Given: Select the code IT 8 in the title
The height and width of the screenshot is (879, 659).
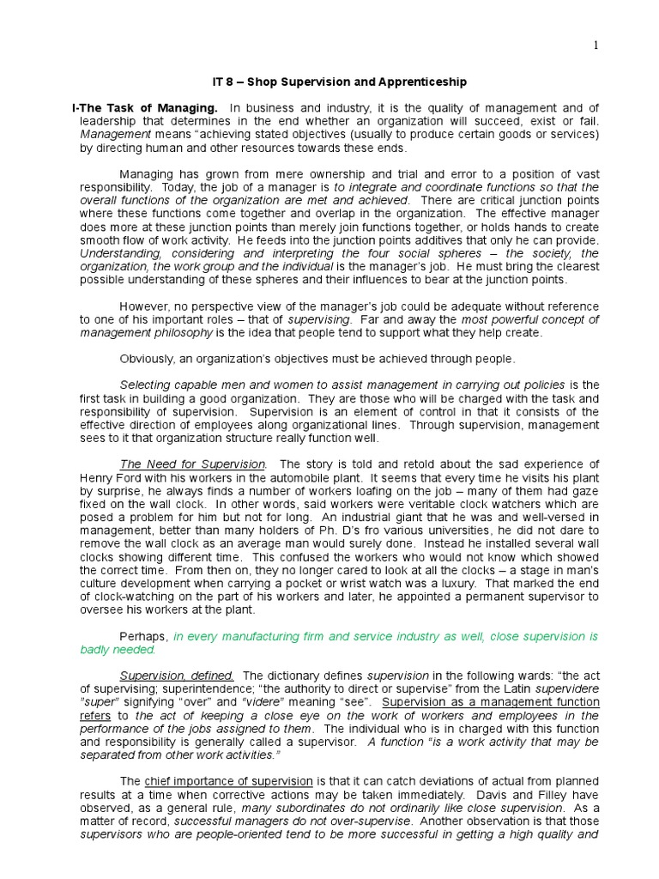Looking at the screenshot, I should pyautogui.click(x=222, y=82).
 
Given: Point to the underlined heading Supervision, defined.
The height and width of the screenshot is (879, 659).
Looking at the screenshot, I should pyautogui.click(x=177, y=676).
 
